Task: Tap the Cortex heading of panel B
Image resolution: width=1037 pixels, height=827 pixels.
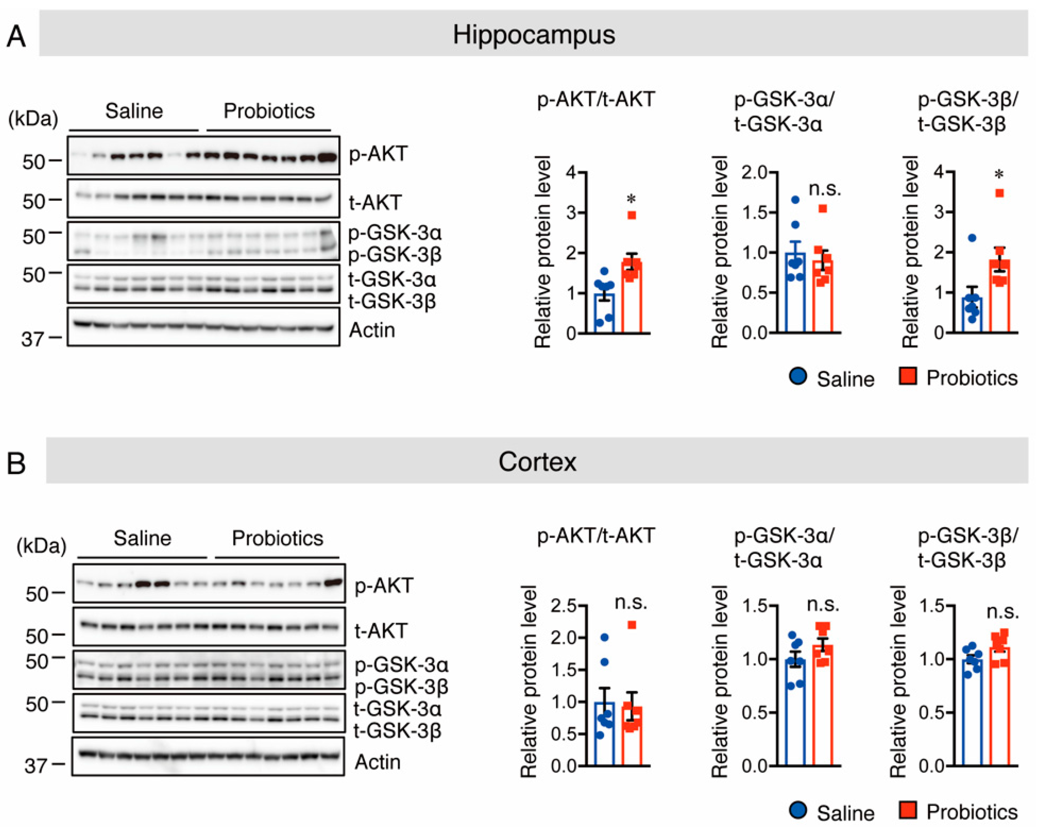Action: (537, 462)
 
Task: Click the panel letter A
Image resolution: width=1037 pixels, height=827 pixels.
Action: (16, 37)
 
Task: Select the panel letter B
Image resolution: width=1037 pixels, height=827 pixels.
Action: (16, 463)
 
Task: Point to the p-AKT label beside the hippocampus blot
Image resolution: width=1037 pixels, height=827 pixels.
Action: (378, 154)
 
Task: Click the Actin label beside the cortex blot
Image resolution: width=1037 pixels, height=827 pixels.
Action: (378, 762)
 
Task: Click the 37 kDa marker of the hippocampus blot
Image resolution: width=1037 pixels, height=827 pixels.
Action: (32, 339)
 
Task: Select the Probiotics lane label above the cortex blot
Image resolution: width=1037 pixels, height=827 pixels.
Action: (278, 538)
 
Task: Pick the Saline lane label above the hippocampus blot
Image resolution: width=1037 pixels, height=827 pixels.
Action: (134, 111)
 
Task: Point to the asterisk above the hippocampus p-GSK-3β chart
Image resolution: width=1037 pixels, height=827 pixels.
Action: (999, 174)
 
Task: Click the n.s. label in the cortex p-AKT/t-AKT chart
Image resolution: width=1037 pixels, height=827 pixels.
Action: (631, 602)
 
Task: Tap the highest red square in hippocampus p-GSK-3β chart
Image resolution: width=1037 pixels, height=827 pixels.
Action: (999, 193)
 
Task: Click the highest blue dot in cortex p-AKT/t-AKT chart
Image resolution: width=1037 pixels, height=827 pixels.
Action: (605, 637)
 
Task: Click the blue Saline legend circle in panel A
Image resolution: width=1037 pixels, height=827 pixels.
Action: (798, 376)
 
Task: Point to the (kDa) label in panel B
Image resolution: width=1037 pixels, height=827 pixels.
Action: (42, 545)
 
